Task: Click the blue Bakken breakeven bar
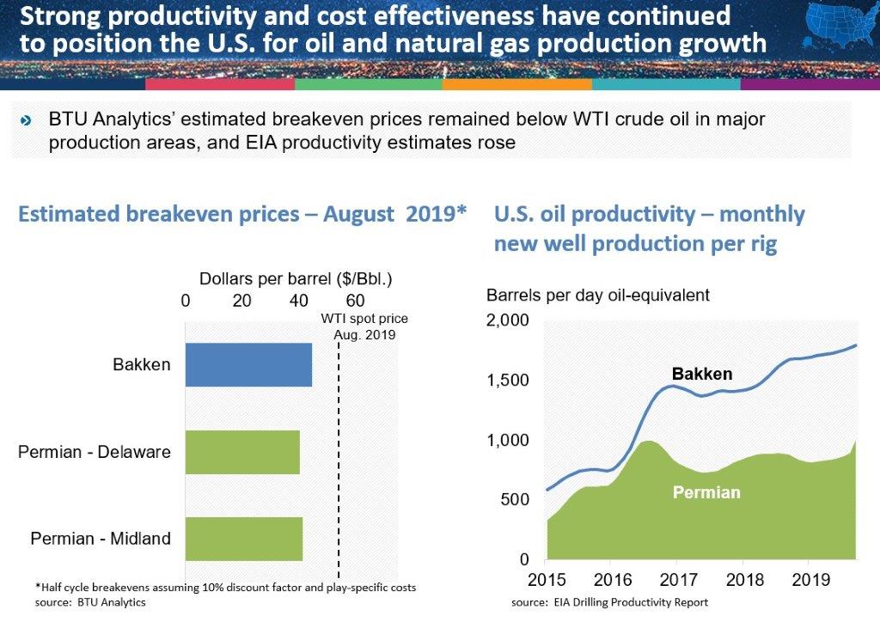248,364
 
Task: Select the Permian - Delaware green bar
242,452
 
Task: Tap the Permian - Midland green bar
244,539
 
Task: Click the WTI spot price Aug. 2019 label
364,326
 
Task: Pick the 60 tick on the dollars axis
354,300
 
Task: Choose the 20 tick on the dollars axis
241,300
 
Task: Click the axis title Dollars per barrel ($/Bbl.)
295,279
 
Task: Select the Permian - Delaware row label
95,452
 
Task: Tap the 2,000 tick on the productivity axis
513,321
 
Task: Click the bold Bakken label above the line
702,374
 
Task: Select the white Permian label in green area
706,493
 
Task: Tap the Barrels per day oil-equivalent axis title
597,296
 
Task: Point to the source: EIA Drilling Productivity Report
609,602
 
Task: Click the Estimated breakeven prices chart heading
241,214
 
